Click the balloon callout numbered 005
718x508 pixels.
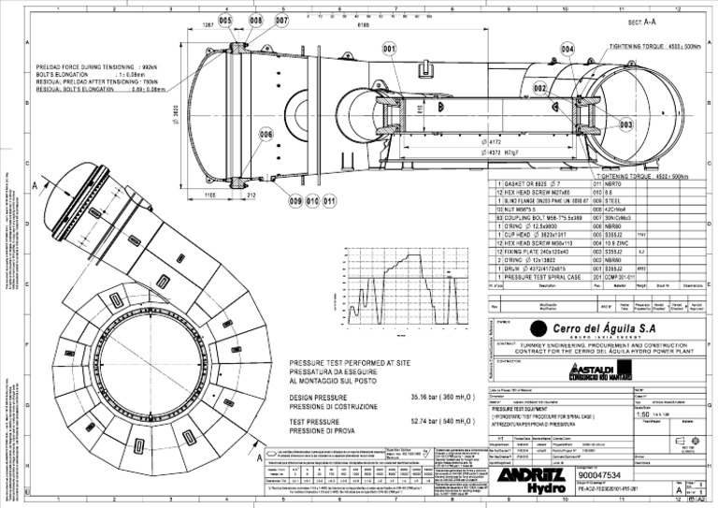pos(225,20)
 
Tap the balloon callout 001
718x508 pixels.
pos(389,48)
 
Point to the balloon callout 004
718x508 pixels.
pos(567,49)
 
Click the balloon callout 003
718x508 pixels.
pos(625,123)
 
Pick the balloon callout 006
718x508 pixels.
pos(266,135)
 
